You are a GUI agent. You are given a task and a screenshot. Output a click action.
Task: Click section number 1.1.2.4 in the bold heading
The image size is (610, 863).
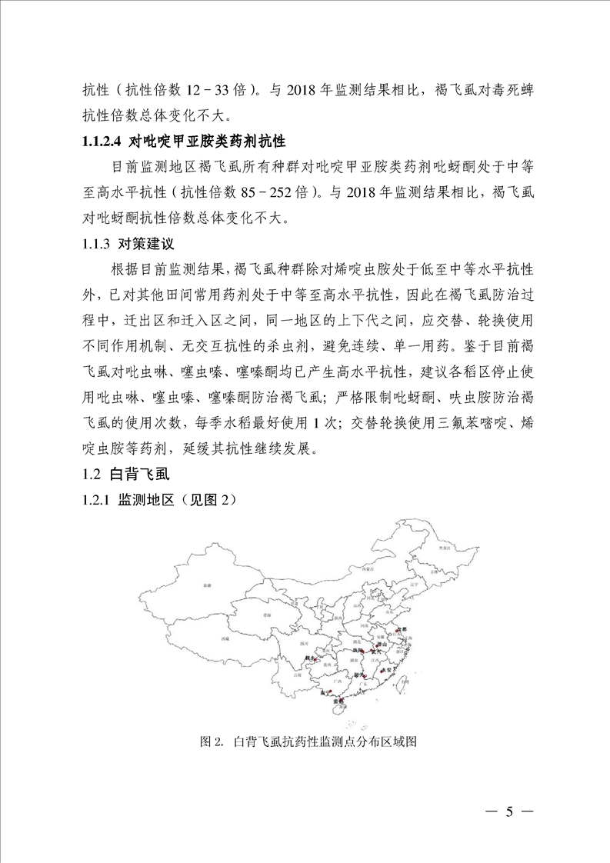click(x=105, y=142)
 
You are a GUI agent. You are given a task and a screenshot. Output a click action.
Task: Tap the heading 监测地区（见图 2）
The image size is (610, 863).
click(x=176, y=501)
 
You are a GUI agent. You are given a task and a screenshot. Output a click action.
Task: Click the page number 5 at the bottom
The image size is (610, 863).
click(x=508, y=812)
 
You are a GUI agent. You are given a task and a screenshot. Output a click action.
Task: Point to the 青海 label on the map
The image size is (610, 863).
click(x=266, y=615)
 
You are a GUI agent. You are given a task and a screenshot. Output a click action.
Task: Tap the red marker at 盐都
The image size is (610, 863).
click(x=398, y=631)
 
